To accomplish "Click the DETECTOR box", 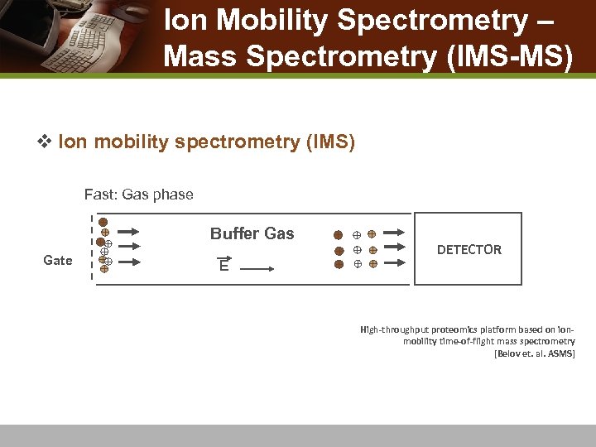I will [469, 249].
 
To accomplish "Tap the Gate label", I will [57, 261].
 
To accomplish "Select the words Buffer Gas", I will [252, 233].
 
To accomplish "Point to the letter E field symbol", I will [224, 265].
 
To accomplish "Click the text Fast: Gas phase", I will [138, 195].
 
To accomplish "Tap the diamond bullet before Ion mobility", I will [46, 142].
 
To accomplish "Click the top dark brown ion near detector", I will [338, 234].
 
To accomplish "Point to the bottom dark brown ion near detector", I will [338, 264].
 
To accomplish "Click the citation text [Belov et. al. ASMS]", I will [534, 353].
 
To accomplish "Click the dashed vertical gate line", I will [92, 248].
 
